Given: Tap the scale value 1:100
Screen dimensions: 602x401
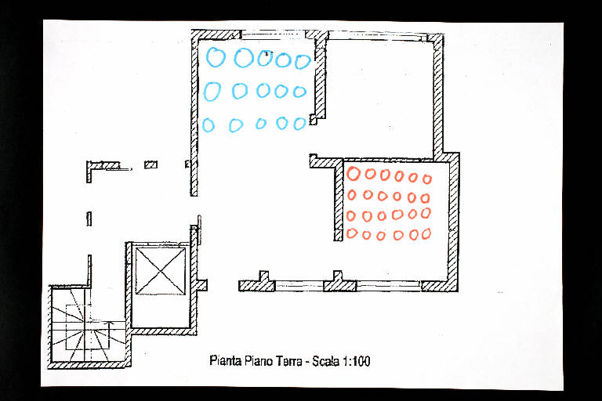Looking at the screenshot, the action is pyautogui.click(x=357, y=361).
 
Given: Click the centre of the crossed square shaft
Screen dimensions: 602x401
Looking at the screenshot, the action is pyautogui.click(x=161, y=271).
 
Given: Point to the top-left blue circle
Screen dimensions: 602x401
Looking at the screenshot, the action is pyautogui.click(x=216, y=57).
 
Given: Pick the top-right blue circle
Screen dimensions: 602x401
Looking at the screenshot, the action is pyautogui.click(x=303, y=61).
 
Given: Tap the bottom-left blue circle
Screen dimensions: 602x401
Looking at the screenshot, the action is pyautogui.click(x=208, y=125).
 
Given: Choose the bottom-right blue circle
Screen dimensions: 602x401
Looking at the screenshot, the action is pyautogui.click(x=299, y=124).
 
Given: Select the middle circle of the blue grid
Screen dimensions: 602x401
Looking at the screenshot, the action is pyautogui.click(x=263, y=91).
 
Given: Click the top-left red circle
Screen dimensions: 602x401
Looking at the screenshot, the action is pyautogui.click(x=354, y=173).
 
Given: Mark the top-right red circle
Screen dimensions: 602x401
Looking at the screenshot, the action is pyautogui.click(x=427, y=179).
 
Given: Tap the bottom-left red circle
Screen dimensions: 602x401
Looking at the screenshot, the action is pyautogui.click(x=352, y=233).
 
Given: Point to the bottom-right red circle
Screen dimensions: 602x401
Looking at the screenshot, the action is pyautogui.click(x=426, y=233).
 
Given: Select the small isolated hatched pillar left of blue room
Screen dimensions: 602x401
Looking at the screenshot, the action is pyautogui.click(x=150, y=164).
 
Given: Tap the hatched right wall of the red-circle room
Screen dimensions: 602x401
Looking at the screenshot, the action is pyautogui.click(x=453, y=222).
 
